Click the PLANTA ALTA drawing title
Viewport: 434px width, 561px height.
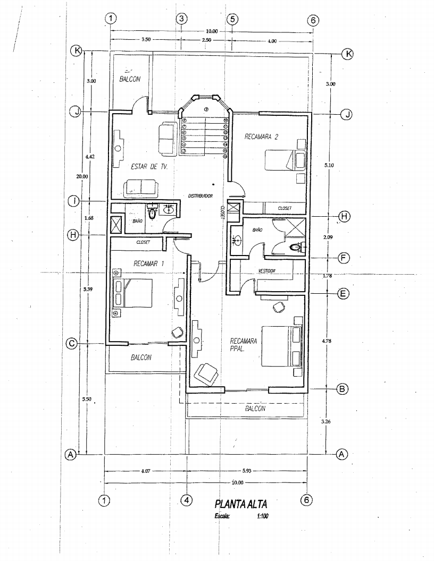pyautogui.click(x=238, y=503)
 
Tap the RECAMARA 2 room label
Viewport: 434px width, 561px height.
pyautogui.click(x=262, y=137)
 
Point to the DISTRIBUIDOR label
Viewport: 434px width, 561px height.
pyautogui.click(x=201, y=196)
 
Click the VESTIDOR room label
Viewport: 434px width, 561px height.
pyautogui.click(x=268, y=270)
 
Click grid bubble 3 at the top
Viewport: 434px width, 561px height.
pyautogui.click(x=181, y=19)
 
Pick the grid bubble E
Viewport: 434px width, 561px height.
pyautogui.click(x=343, y=293)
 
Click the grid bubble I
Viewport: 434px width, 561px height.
pyautogui.click(x=74, y=201)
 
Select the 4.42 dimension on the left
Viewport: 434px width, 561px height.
pyautogui.click(x=90, y=157)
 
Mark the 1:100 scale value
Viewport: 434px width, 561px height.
pyautogui.click(x=262, y=515)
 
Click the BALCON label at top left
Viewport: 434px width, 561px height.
pyautogui.click(x=130, y=79)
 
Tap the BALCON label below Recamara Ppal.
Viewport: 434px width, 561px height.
pyautogui.click(x=255, y=409)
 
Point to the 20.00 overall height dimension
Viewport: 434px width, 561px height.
pyautogui.click(x=81, y=176)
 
